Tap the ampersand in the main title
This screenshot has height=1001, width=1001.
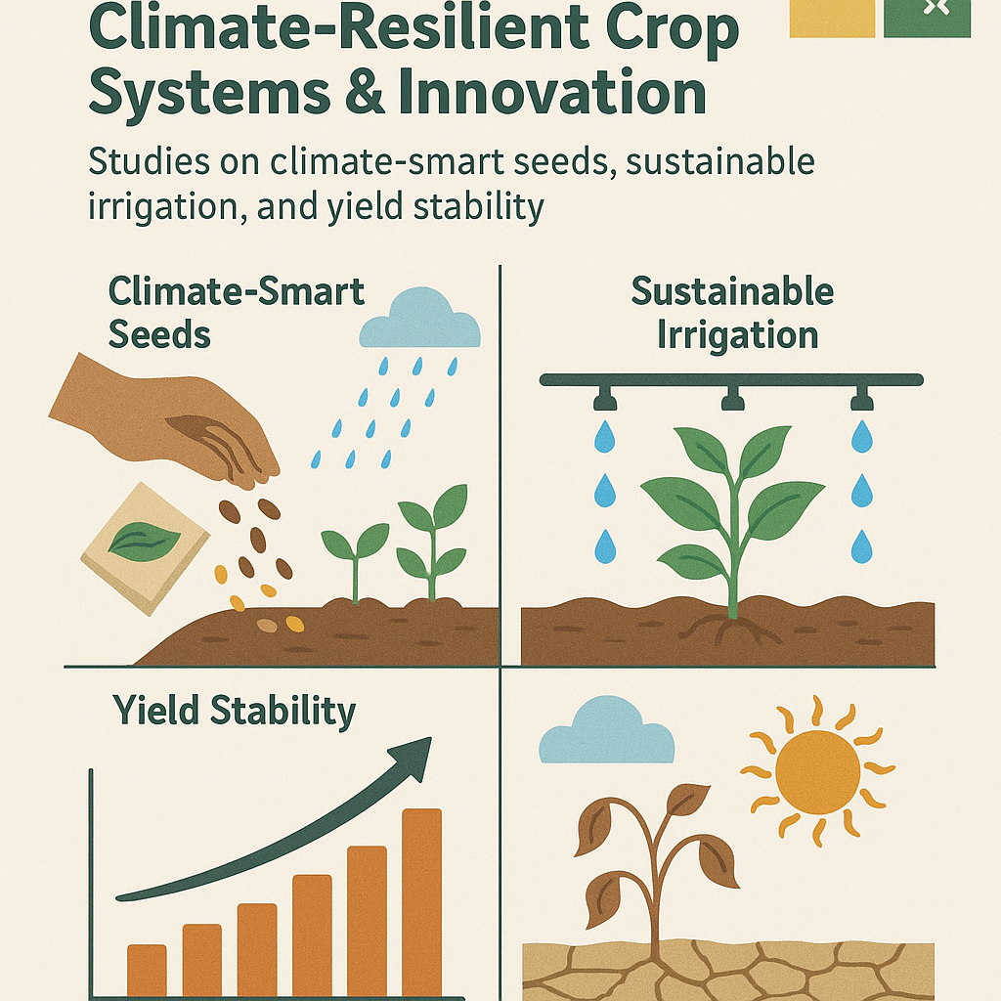click(364, 92)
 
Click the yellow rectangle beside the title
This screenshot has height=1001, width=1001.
click(832, 19)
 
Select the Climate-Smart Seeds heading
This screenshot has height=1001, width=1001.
click(237, 313)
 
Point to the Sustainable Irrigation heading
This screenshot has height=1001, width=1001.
click(733, 313)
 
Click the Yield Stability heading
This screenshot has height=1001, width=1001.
click(234, 712)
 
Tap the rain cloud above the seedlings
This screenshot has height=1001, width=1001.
click(419, 319)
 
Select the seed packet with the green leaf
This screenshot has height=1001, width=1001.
click(145, 548)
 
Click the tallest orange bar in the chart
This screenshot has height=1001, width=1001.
click(421, 902)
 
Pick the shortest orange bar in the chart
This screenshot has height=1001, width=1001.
click(147, 971)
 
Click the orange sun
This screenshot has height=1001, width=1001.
click(818, 772)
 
